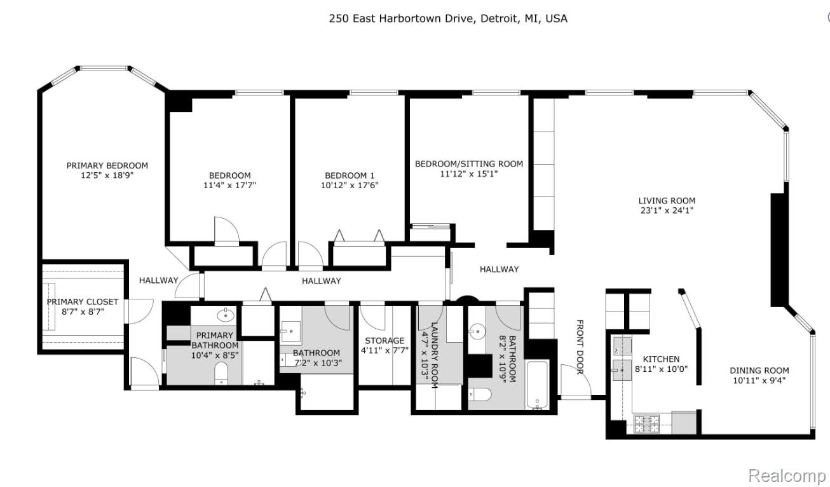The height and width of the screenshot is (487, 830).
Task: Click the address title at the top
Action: (x=448, y=18)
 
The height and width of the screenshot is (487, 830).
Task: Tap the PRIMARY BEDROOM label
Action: (x=107, y=166)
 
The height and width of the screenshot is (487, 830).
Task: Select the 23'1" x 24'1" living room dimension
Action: (x=667, y=210)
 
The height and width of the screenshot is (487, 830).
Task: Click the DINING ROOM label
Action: (x=759, y=370)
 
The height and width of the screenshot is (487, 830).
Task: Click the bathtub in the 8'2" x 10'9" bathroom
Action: (x=537, y=385)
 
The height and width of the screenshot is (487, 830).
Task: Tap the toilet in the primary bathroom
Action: (x=221, y=373)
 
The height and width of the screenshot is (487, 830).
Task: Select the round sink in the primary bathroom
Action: (x=226, y=315)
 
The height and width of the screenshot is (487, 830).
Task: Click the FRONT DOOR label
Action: (x=580, y=347)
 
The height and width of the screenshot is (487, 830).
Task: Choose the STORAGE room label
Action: (x=384, y=341)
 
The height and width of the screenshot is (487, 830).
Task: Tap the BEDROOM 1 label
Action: (x=350, y=175)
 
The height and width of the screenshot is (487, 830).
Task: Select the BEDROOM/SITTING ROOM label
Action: (x=469, y=164)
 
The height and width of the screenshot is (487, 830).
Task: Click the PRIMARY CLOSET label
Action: (x=83, y=302)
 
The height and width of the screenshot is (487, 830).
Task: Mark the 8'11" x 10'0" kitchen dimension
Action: (x=662, y=369)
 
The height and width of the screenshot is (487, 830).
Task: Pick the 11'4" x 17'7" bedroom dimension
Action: (x=229, y=185)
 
